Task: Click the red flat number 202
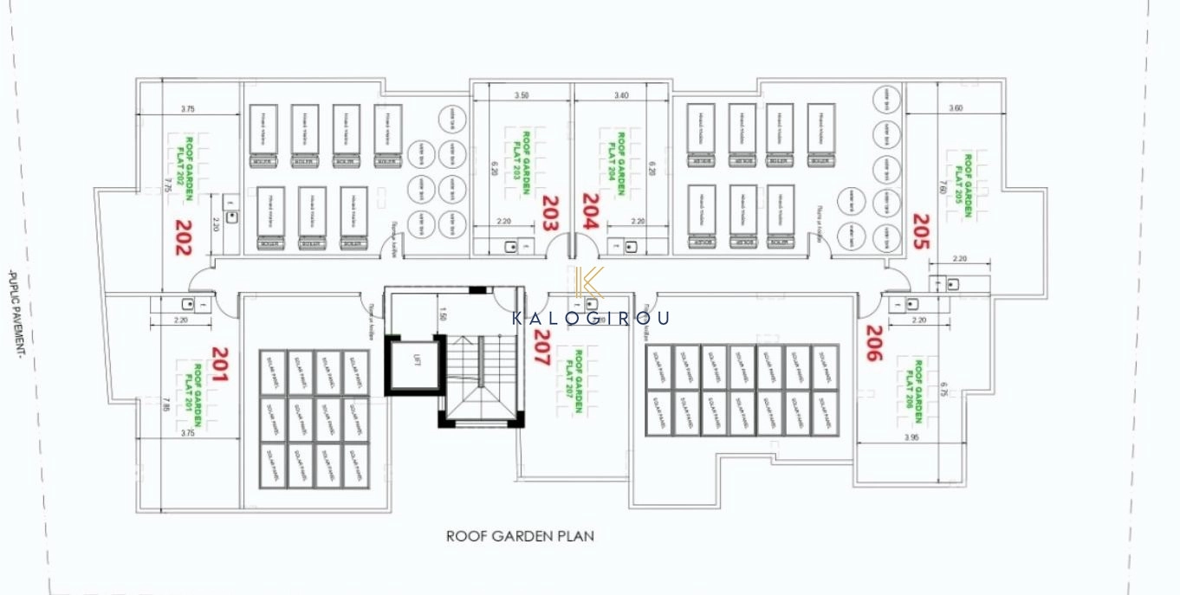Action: tap(183, 236)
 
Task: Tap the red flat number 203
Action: tap(548, 212)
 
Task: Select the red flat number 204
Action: tap(589, 210)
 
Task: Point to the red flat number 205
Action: tap(920, 232)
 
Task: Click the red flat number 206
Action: tap(873, 343)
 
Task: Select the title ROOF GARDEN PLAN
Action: tap(520, 536)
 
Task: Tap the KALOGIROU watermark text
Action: tap(590, 318)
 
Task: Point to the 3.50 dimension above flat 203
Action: tap(522, 95)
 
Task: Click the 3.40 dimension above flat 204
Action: tap(620, 95)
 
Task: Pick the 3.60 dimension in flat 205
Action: tap(956, 108)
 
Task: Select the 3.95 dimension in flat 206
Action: tap(910, 437)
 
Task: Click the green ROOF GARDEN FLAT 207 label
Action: tap(575, 380)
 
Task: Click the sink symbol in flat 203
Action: tap(511, 247)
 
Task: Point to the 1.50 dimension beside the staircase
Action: tap(443, 314)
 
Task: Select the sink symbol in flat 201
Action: tap(186, 304)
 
